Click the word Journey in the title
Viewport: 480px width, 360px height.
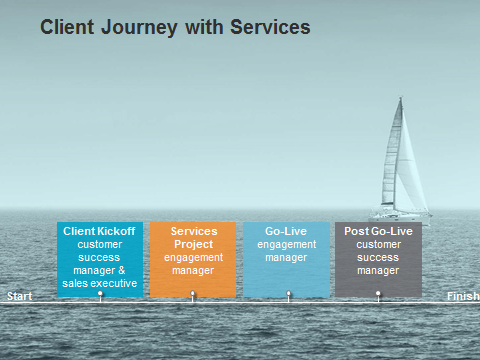[x=139, y=28]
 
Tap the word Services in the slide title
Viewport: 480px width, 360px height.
[x=270, y=27]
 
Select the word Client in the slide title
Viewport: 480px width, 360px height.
[x=67, y=27]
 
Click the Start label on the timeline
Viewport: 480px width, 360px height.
[x=20, y=296]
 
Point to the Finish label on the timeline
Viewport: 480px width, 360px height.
[x=463, y=296]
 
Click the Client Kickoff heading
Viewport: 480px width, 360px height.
[x=99, y=231]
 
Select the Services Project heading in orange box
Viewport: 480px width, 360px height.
[x=194, y=238]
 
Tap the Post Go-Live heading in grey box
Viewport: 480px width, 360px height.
[x=378, y=231]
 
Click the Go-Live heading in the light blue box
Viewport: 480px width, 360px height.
[x=286, y=231]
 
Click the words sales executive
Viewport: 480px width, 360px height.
[x=100, y=283]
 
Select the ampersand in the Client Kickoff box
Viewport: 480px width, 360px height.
[x=122, y=270]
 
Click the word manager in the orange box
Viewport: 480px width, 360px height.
[x=193, y=271]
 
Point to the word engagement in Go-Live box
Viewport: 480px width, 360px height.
[x=287, y=245]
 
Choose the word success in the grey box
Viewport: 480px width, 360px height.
[x=378, y=257]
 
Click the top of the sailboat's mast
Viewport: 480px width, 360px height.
[x=401, y=97]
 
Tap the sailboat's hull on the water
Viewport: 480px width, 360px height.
[x=400, y=217]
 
